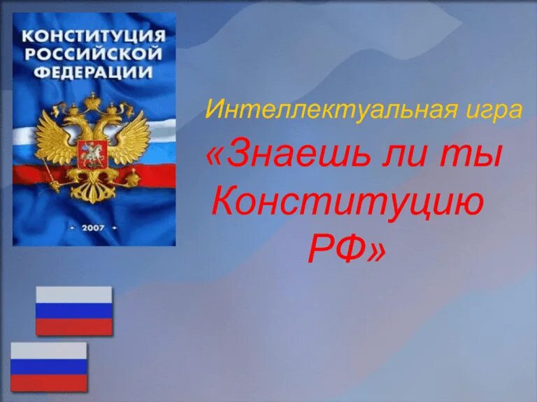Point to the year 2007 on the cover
point(93,228)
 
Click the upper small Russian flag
point(74,311)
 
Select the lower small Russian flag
point(49,366)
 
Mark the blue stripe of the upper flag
point(74,311)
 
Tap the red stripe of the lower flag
point(49,383)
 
